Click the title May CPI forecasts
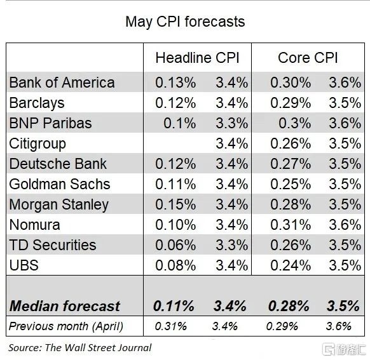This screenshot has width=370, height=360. coord(184,22)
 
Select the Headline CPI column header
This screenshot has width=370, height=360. coord(197,58)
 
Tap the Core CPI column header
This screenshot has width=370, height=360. coord(308,58)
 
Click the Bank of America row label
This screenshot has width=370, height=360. coord(62,83)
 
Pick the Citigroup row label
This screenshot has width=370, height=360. coord(38,143)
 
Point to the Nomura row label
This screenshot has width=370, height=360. coord(35,225)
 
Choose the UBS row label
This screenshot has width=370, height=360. coord(24,265)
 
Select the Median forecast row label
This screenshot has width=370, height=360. coord(64,306)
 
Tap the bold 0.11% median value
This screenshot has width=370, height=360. coord(174,306)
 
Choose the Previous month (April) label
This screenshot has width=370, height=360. coord(65,326)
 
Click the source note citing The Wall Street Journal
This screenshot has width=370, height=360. coord(79,347)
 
